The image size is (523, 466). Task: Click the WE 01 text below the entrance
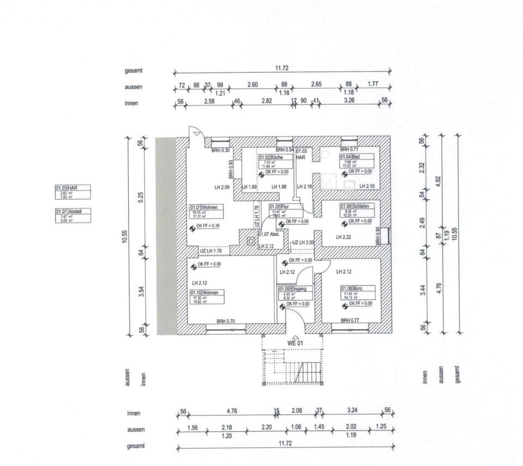[295, 343]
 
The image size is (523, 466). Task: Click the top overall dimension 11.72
[282, 68]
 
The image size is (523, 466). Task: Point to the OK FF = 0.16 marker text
[208, 226]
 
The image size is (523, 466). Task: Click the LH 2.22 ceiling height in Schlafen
[344, 237]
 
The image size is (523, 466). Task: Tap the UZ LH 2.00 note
[303, 243]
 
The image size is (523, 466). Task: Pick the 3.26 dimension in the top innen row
[350, 101]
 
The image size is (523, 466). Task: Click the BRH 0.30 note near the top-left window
[221, 150]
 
